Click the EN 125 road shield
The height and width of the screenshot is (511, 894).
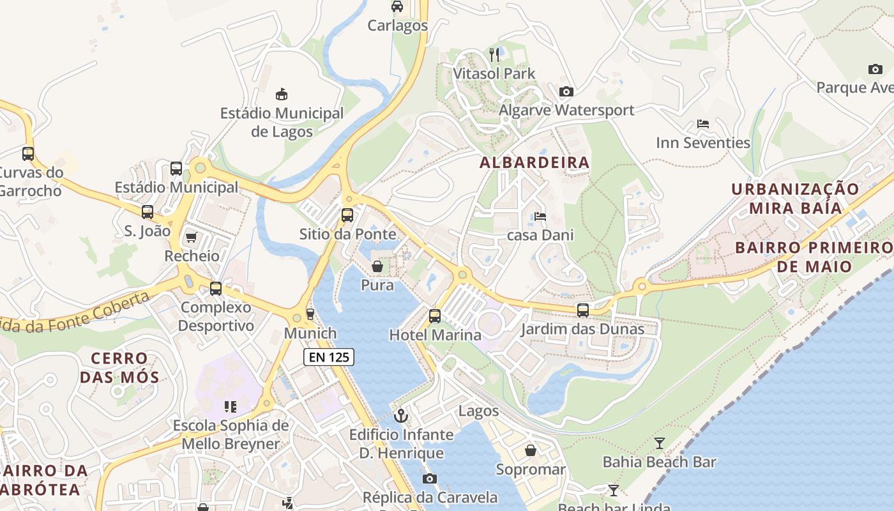(x=329, y=357)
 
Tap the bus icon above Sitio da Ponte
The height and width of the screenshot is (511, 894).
(x=347, y=215)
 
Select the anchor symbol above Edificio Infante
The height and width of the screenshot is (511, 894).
(x=401, y=416)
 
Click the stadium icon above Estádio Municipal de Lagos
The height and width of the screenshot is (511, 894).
(x=281, y=95)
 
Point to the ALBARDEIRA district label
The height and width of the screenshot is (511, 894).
(x=534, y=163)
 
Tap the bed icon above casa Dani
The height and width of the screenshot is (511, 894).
(x=540, y=217)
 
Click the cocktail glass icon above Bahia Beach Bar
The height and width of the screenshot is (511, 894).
(x=660, y=443)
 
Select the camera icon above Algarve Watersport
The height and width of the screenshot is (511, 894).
(x=566, y=91)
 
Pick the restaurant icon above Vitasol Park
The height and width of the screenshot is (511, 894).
(x=494, y=55)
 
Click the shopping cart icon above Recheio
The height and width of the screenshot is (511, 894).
(x=191, y=238)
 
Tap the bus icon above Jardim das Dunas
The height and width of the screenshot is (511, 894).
(x=583, y=310)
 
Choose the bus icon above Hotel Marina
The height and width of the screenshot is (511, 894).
(x=435, y=316)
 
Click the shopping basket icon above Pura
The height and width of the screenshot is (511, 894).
(x=377, y=266)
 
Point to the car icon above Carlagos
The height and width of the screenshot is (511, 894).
(x=397, y=6)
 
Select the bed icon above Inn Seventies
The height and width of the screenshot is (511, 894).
(x=703, y=124)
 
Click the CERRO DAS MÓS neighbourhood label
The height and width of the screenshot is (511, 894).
(x=119, y=367)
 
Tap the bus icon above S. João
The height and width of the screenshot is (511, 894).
(x=148, y=212)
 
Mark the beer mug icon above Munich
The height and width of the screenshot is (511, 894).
(x=310, y=314)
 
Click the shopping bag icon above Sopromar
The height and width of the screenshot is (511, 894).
(x=531, y=451)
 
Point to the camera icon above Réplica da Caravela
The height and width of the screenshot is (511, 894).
(x=430, y=478)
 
